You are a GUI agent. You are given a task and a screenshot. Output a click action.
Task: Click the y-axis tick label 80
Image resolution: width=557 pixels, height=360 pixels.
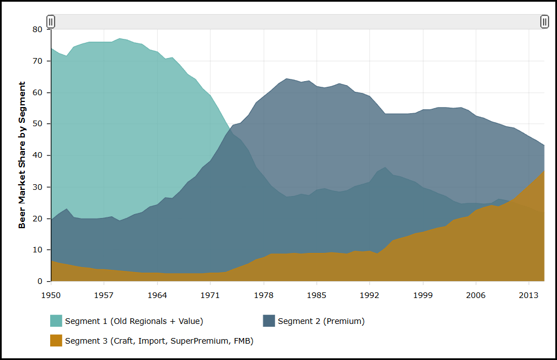[38, 29]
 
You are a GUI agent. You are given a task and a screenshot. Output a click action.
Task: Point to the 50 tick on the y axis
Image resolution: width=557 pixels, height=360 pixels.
[38, 124]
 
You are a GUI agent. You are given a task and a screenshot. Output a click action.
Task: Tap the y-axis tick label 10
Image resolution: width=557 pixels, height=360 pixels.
[38, 250]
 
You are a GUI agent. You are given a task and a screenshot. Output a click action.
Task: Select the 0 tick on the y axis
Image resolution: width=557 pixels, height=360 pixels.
[41, 281]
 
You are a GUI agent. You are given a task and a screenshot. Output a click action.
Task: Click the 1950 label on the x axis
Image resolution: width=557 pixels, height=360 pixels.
[51, 295]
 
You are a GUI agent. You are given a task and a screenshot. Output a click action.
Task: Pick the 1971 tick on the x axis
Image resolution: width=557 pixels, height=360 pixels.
[210, 295]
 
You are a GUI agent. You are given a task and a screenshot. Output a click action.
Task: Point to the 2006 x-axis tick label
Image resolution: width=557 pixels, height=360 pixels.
[475, 295]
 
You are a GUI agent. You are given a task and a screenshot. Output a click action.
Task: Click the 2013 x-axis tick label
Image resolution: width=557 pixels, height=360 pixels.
[528, 295]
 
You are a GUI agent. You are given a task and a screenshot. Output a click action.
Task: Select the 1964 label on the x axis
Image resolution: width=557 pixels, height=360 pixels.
[157, 295]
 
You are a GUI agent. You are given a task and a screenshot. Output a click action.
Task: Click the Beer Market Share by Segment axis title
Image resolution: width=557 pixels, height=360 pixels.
[23, 155]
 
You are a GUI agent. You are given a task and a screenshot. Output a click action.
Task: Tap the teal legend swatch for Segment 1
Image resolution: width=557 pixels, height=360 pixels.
[56, 321]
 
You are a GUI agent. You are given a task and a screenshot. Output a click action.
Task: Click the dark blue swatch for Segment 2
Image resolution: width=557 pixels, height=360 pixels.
[269, 321]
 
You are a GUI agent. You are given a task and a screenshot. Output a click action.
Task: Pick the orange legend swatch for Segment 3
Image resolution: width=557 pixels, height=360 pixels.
[56, 340]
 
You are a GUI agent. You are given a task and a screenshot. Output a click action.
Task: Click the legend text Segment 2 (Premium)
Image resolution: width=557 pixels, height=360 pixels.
[321, 321]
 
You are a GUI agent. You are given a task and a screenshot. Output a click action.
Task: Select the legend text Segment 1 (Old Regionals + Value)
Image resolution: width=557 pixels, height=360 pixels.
[134, 321]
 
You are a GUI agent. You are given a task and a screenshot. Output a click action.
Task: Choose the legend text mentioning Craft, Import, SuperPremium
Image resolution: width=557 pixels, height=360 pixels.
[159, 340]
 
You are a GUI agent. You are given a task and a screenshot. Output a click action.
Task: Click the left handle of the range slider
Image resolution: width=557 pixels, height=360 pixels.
[51, 22]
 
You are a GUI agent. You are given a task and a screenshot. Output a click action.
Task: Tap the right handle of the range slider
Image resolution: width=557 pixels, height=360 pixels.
[545, 22]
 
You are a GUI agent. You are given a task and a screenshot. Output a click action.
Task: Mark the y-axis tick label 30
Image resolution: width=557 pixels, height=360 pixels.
[38, 187]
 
